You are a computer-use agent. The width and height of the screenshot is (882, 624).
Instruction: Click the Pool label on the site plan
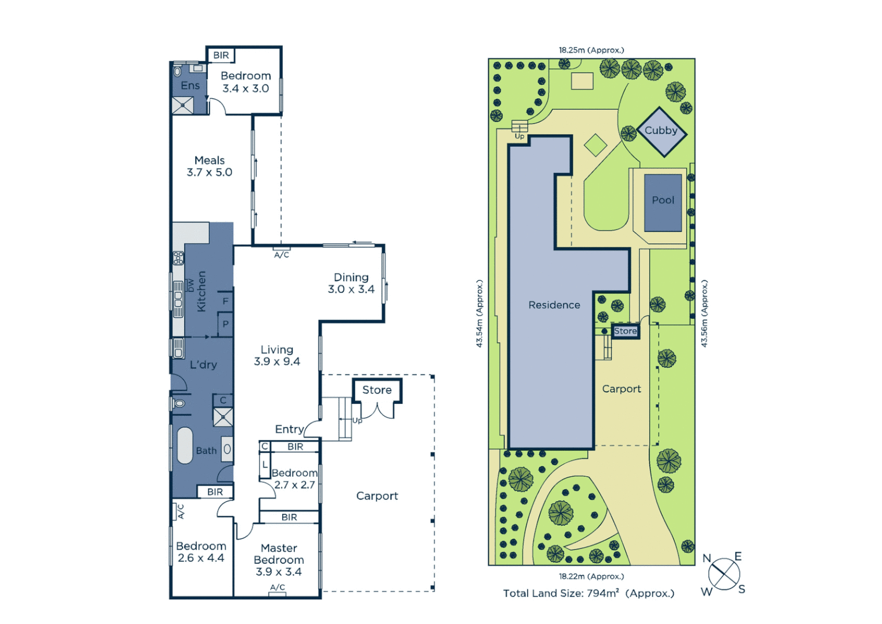(663, 200)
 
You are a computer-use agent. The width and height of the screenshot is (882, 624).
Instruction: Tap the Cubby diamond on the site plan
(661, 131)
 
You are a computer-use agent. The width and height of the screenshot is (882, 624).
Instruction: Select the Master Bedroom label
(279, 559)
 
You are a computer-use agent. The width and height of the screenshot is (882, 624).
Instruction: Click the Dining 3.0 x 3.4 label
(351, 283)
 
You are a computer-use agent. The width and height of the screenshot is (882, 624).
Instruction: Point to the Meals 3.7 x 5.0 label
(210, 166)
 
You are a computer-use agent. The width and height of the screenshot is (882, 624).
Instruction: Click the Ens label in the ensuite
(190, 86)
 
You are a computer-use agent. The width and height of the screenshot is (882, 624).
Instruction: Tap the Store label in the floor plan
(377, 390)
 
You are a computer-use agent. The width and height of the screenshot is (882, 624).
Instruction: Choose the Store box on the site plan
(625, 331)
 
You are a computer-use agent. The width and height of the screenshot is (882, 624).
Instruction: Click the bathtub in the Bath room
(185, 445)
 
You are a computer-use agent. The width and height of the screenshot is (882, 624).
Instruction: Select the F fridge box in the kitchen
(225, 301)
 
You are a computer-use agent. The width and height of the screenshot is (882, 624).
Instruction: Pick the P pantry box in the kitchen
(225, 324)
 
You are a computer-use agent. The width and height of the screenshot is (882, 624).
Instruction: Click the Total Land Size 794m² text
(588, 593)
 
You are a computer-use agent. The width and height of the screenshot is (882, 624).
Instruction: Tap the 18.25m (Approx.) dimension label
(591, 50)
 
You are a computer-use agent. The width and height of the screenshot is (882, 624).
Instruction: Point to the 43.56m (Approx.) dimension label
(704, 313)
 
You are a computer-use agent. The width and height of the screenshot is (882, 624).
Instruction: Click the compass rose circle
(724, 574)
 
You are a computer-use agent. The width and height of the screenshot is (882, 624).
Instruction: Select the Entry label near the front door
(289, 429)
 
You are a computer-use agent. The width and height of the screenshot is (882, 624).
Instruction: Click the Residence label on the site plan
(554, 305)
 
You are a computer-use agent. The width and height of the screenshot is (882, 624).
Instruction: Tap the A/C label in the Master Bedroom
(278, 588)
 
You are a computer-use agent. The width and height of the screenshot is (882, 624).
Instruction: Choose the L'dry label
(203, 365)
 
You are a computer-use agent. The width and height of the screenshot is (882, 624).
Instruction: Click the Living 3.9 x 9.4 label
(277, 355)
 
